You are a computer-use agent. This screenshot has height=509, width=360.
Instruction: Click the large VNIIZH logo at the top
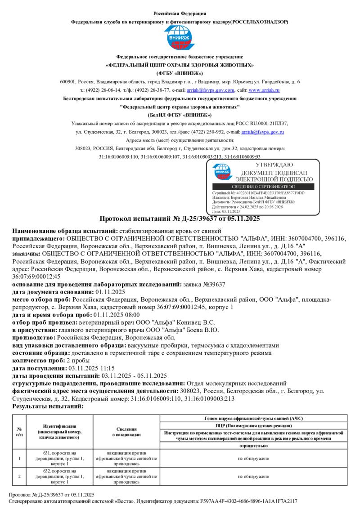coord(180,38)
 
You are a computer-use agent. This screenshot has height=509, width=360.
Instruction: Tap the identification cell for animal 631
coord(60,458)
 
